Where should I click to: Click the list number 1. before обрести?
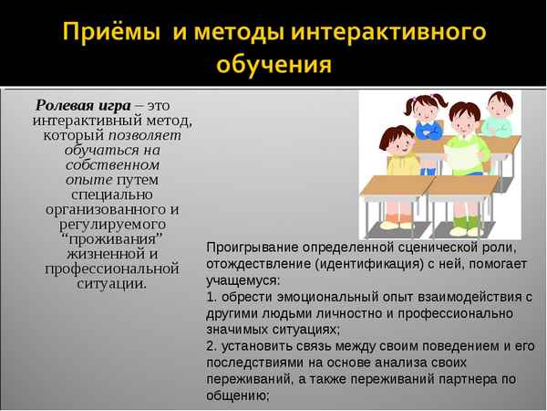[212, 297]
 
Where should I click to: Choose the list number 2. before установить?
[212, 346]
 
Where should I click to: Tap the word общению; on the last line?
[239, 395]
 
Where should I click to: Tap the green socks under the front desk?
[466, 222]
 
